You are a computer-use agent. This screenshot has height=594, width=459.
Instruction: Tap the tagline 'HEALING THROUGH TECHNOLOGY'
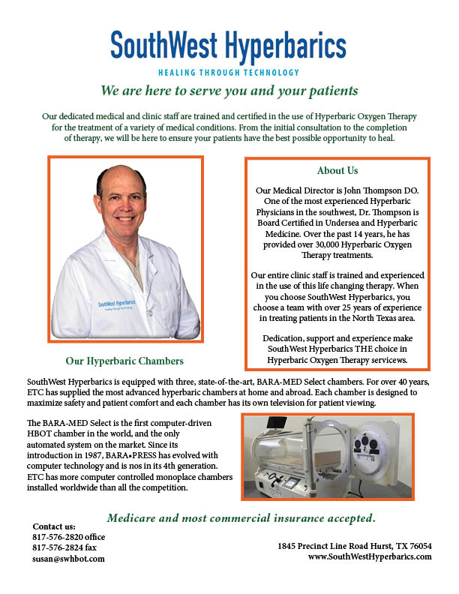coord(229,73)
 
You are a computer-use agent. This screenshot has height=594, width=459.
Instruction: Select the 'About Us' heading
coord(337,170)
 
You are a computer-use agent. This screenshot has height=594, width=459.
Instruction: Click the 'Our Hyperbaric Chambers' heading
coord(124,359)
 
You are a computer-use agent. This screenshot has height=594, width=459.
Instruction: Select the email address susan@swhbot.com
coord(69,559)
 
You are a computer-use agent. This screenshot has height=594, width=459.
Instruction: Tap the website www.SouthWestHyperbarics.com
coord(369,556)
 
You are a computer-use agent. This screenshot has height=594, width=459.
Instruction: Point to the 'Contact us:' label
coord(54,526)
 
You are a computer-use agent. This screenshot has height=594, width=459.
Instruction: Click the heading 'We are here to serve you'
coord(229,91)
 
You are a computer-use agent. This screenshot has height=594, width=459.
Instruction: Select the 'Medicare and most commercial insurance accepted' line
coord(241,517)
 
